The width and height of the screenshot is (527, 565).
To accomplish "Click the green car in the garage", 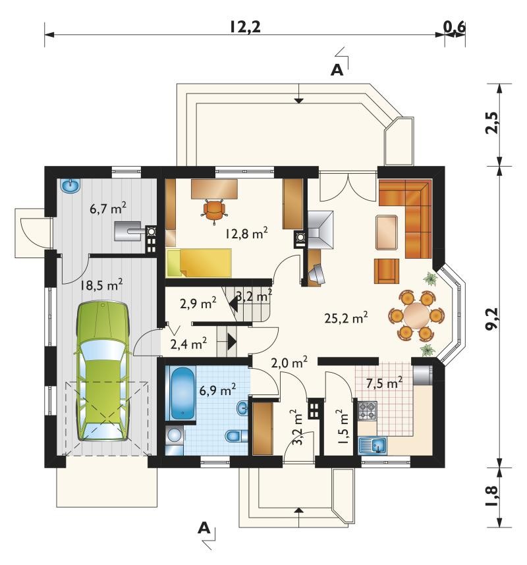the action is pyautogui.click(x=103, y=371).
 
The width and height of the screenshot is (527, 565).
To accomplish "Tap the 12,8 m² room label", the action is pyautogui.click(x=246, y=234).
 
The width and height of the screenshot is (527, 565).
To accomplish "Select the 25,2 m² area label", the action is pyautogui.click(x=346, y=318).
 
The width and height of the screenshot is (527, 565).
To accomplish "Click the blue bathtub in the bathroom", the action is pyautogui.click(x=182, y=394).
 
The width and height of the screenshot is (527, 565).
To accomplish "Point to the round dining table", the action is pyautogui.click(x=416, y=315).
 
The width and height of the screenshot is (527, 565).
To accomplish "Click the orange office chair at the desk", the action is pyautogui.click(x=214, y=211).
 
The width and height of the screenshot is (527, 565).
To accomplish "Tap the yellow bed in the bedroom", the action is pyautogui.click(x=199, y=263).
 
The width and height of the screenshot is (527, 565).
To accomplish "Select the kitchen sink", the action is pyautogui.click(x=373, y=445).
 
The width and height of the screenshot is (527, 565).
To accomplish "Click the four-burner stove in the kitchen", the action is pyautogui.click(x=368, y=411).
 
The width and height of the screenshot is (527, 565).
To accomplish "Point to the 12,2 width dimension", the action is pyautogui.click(x=246, y=26).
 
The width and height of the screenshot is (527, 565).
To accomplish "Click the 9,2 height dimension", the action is pyautogui.click(x=491, y=318).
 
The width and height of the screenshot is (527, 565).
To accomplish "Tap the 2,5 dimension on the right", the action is pyautogui.click(x=491, y=123).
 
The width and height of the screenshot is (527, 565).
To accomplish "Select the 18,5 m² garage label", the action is pyautogui.click(x=101, y=285).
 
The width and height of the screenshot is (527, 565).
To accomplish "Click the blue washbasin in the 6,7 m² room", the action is pyautogui.click(x=70, y=186).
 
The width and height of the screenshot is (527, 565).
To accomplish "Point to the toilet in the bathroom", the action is pyautogui.click(x=236, y=436).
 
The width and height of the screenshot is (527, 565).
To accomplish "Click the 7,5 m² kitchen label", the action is pyautogui.click(x=384, y=383).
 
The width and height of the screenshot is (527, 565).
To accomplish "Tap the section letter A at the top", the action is pyautogui.click(x=337, y=70).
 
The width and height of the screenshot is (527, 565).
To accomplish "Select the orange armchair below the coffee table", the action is pyautogui.click(x=387, y=271).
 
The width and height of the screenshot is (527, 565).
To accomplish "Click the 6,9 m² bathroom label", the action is pyautogui.click(x=218, y=390).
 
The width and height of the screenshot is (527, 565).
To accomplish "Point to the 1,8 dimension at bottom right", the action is pyautogui.click(x=491, y=497).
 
